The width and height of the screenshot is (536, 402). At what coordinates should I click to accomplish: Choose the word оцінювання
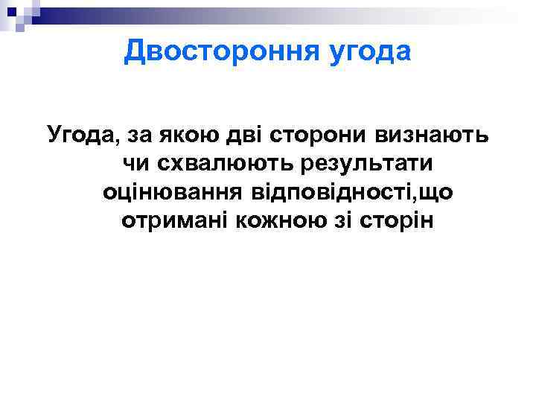170,192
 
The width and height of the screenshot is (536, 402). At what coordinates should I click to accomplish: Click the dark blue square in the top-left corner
13,10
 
